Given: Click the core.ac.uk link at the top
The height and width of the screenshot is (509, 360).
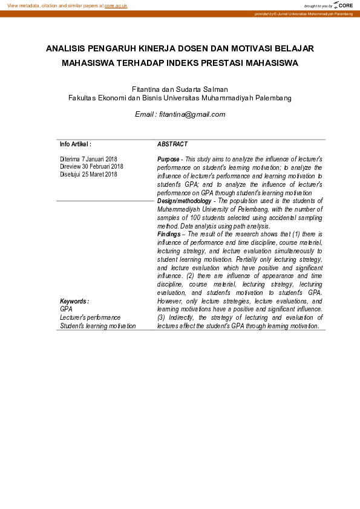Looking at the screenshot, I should click(116, 5).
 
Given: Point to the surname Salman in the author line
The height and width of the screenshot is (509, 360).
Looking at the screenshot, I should click(215, 89).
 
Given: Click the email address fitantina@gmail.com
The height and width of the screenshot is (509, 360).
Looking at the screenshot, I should click(192, 114).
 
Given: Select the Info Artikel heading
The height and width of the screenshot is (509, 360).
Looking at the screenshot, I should click(75, 144).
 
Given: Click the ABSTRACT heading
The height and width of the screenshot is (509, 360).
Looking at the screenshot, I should click(172, 144).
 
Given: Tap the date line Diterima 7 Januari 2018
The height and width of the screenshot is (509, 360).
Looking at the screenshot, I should click(88, 160).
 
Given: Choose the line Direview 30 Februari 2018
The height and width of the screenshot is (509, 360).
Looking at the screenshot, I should click(91, 167).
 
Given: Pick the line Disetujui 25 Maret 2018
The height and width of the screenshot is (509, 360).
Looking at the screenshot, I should click(88, 174).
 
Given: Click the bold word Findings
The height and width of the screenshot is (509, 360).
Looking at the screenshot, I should click(169, 233).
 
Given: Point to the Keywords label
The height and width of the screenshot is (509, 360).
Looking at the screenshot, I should click(74, 301).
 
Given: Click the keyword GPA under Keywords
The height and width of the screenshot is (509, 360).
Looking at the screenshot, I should click(65, 309).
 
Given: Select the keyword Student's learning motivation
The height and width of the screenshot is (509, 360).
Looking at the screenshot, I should click(97, 326).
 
